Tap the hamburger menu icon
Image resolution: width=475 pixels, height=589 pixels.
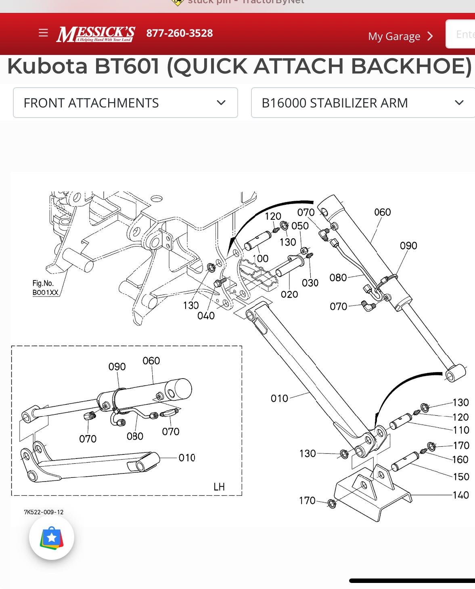43,33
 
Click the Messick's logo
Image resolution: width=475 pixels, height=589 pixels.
96,34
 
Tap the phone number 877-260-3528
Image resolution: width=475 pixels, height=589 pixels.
180,33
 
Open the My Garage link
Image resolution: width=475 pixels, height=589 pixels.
400,36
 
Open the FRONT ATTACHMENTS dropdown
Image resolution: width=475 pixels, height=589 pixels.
126,103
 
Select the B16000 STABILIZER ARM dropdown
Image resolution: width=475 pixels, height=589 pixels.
362,103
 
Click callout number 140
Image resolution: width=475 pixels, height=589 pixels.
460,495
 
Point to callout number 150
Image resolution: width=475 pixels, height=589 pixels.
461,477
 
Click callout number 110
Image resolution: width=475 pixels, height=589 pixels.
461,430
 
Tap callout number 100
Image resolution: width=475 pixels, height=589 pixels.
261,259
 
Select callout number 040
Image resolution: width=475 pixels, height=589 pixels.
206,316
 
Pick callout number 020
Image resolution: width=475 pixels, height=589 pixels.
289,294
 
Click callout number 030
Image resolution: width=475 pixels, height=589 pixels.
310,283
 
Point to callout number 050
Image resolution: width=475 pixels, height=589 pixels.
300,226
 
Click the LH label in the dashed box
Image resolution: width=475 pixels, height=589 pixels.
219,487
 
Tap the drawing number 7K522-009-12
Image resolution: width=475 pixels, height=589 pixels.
44,512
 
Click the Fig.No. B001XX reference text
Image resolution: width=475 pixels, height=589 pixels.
45,288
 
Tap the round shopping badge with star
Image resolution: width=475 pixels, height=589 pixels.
52,538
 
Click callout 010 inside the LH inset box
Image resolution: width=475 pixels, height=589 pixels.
187,458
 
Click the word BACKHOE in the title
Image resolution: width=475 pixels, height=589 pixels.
408,66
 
